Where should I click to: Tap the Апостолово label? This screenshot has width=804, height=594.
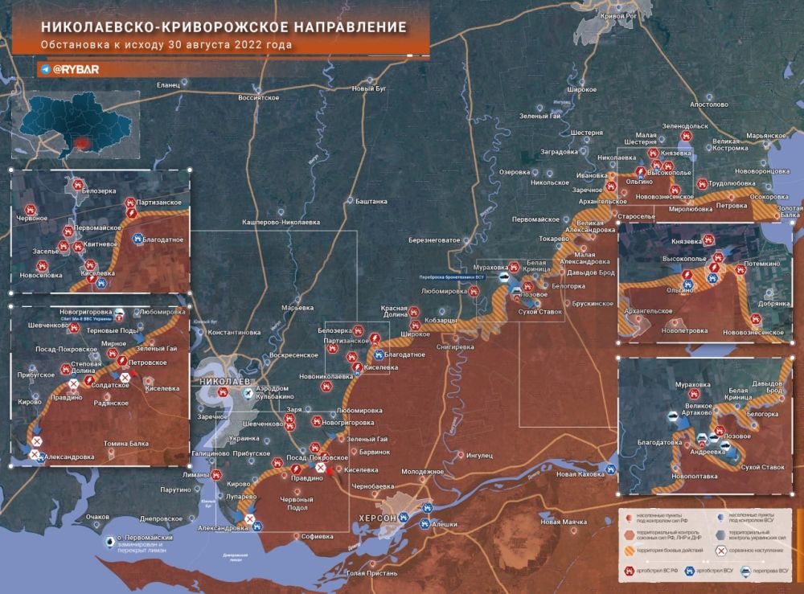[708, 104]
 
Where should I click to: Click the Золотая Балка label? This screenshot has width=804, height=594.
[790, 211]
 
